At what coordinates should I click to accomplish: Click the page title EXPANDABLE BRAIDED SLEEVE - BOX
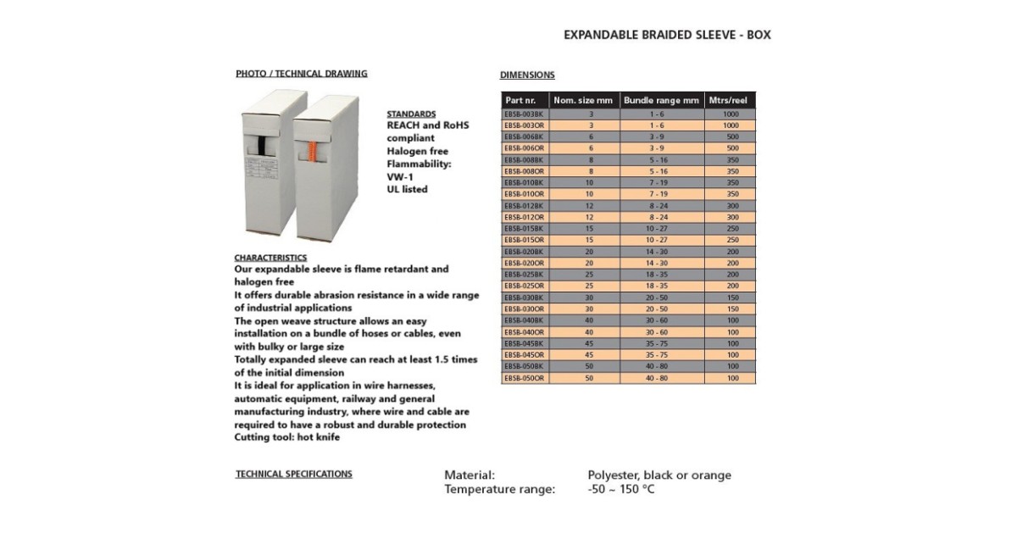click(x=667, y=36)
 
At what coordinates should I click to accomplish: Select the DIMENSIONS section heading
click(x=527, y=75)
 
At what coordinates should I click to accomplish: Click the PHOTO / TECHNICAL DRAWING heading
click(x=301, y=74)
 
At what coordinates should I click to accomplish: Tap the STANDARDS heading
click(x=411, y=114)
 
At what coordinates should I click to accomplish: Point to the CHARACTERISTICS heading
click(x=270, y=257)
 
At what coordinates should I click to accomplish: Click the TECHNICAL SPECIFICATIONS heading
click(x=293, y=474)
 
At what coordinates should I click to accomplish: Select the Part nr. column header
click(x=520, y=100)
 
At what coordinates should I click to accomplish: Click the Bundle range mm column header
click(x=661, y=100)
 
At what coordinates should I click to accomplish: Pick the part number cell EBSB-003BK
click(x=524, y=113)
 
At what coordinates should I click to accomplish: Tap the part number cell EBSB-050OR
click(x=524, y=378)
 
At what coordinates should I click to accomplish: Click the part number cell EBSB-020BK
click(x=524, y=252)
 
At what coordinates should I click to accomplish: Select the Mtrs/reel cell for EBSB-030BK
click(x=731, y=298)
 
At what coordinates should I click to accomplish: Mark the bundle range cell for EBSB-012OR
click(x=661, y=217)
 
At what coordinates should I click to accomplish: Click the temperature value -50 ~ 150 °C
click(x=621, y=489)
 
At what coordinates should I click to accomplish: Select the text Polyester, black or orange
click(x=659, y=475)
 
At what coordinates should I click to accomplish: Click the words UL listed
click(x=407, y=189)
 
